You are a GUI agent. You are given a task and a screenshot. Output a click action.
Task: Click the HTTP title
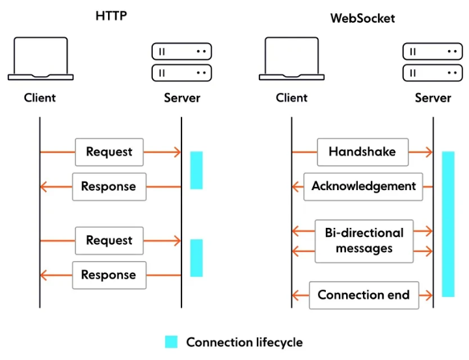tap(111, 16)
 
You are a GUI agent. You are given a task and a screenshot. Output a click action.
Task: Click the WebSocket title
tap(362, 19)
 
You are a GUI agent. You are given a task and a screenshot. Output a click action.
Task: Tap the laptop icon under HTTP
tap(41, 59)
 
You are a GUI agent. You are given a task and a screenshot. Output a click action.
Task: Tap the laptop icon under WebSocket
tap(291, 59)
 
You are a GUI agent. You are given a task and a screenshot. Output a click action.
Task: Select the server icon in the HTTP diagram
tap(181, 62)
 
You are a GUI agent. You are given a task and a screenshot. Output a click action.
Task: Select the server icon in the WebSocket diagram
tap(433, 62)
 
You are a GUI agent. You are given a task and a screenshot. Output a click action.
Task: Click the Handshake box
tap(362, 152)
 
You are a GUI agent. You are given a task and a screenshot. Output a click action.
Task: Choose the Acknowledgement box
tap(363, 187)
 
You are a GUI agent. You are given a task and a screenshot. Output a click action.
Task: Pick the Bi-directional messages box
tap(364, 242)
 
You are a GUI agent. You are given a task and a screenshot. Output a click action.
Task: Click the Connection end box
tap(364, 296)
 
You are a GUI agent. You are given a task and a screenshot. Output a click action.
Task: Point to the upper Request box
tap(109, 152)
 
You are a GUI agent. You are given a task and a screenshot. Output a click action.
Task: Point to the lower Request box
tap(109, 241)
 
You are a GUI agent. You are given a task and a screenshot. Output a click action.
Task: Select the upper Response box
tap(109, 187)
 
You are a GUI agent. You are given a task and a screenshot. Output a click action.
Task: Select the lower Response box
tap(109, 275)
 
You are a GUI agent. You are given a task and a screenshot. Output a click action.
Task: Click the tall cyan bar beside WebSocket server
tap(448, 224)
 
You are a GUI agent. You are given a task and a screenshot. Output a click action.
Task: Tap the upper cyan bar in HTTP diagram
tap(196, 171)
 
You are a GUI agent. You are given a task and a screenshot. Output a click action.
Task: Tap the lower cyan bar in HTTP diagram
tap(196, 258)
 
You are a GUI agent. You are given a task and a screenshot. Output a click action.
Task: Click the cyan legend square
tap(171, 342)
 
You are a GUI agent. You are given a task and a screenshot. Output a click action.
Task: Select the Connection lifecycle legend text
tap(245, 342)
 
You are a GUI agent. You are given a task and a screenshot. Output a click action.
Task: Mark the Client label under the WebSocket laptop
tap(291, 98)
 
